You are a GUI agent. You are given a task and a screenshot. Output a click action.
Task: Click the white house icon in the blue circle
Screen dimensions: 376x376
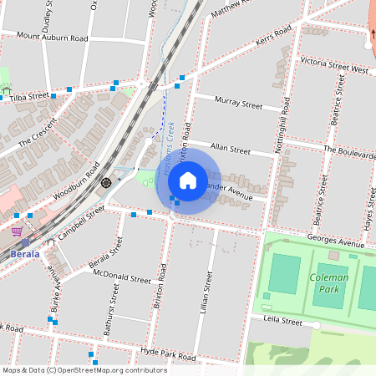pyautogui.click(x=188, y=180)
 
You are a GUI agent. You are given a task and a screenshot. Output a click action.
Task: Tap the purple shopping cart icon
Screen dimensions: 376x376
pyautogui.click(x=17, y=231)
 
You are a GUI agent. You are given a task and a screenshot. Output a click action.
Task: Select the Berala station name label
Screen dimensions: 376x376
pyautogui.click(x=25, y=254)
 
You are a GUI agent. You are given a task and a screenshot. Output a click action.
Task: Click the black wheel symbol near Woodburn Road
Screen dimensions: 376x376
pyautogui.click(x=106, y=182)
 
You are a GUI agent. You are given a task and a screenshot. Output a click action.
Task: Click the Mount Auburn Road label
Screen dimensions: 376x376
pyautogui.click(x=52, y=38)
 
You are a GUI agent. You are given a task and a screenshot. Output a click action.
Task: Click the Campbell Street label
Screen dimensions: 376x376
pyautogui.click(x=82, y=221)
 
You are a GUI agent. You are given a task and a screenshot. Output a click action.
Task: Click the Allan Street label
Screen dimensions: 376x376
pyautogui.click(x=231, y=150)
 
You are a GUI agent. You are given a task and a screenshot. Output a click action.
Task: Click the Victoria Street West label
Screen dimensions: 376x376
pyautogui.click(x=334, y=66)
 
